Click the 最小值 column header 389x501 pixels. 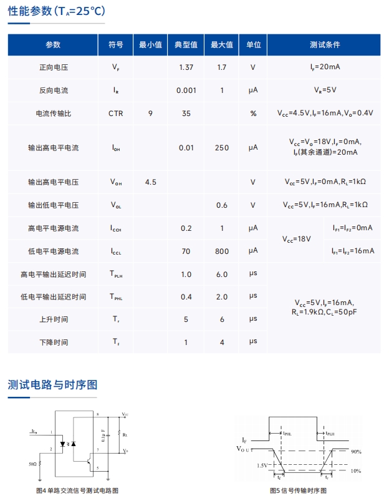[x=150, y=45]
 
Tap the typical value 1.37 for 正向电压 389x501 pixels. [x=186, y=67]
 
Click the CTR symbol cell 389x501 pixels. [x=116, y=114]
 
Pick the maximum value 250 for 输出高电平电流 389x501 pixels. [x=222, y=148]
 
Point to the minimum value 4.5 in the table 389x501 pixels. [x=150, y=182]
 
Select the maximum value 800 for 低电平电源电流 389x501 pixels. [x=222, y=251]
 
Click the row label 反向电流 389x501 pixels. [x=53, y=90]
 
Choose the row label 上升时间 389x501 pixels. [x=53, y=319]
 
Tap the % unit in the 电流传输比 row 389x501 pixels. [x=253, y=114]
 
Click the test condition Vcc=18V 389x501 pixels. [x=297, y=240]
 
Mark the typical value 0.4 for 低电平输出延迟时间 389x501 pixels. [x=186, y=297]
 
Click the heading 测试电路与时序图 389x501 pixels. [x=52, y=384]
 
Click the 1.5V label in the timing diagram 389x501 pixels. [x=262, y=465]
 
